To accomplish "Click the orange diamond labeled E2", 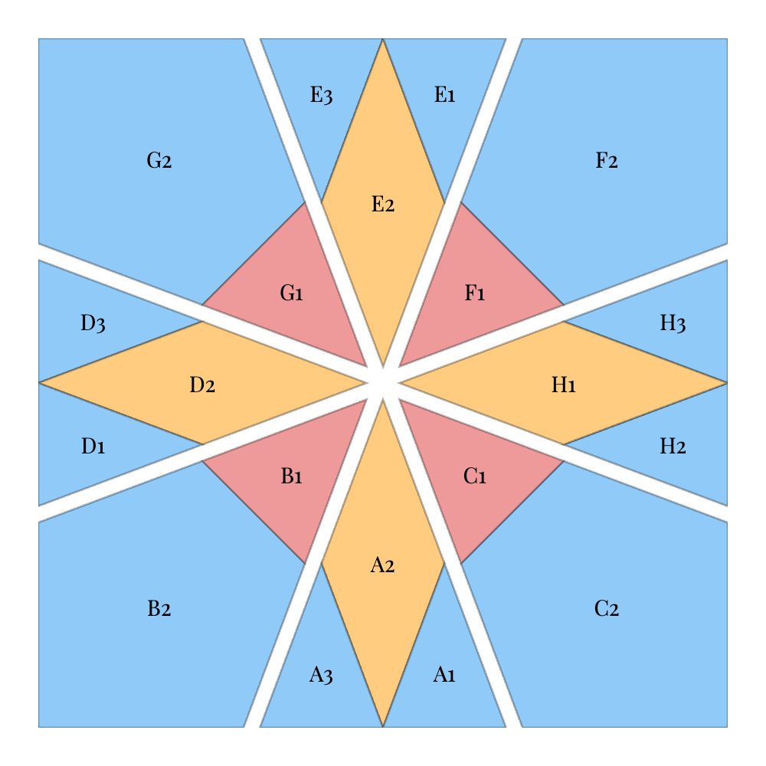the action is click(x=383, y=202).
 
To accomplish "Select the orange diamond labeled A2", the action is click(x=383, y=563).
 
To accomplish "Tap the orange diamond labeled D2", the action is click(x=202, y=383).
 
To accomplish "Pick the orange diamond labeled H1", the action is click(x=564, y=383).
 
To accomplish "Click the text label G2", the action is click(x=159, y=160).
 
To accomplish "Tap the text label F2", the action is click(x=607, y=160).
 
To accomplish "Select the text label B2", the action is click(x=159, y=609).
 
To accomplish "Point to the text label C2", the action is click(x=607, y=609).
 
